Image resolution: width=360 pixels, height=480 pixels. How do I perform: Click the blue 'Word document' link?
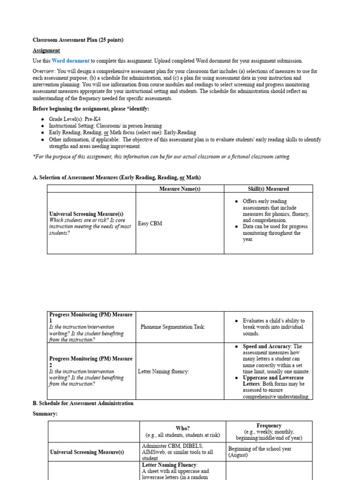tap(70, 61)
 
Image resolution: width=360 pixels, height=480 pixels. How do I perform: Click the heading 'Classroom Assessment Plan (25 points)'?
tap(78, 40)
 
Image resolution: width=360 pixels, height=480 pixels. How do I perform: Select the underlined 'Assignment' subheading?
tap(46, 51)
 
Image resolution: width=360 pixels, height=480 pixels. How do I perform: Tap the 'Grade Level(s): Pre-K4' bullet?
tap(75, 120)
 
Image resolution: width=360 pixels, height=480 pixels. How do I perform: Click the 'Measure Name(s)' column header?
tap(180, 189)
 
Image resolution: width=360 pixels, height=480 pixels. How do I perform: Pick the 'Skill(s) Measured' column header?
tap(268, 189)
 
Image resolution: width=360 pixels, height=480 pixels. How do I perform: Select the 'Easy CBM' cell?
tap(150, 224)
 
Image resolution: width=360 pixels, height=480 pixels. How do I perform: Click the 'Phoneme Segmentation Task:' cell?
tap(172, 327)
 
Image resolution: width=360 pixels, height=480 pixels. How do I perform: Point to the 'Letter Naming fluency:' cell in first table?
tap(164, 372)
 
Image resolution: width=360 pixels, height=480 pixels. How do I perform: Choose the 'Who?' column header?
tap(182, 428)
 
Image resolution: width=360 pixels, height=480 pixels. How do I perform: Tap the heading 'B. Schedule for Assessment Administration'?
tap(83, 403)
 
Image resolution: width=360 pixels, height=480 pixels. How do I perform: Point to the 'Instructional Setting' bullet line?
tap(105, 126)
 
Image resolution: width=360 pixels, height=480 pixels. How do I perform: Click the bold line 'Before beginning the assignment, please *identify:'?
tap(91, 109)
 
